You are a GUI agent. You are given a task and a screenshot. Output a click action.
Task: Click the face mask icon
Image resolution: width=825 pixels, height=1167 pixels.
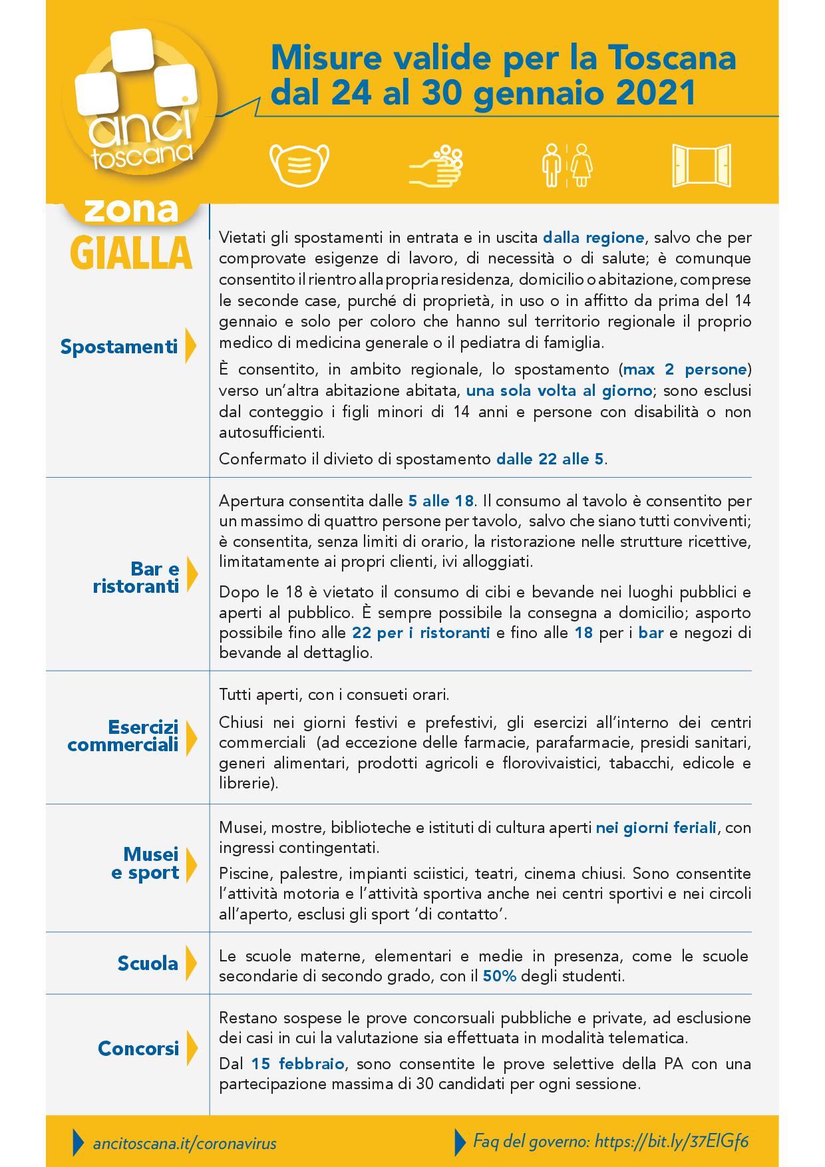tap(299, 164)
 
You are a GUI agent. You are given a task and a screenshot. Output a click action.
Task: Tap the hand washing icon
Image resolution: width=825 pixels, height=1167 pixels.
tap(436, 164)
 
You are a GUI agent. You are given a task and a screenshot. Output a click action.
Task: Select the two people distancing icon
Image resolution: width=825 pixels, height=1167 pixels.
tap(566, 164)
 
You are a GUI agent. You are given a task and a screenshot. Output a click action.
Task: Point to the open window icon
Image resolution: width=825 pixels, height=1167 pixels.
tap(702, 164)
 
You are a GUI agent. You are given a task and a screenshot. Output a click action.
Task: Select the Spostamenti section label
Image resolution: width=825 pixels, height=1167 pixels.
tap(119, 347)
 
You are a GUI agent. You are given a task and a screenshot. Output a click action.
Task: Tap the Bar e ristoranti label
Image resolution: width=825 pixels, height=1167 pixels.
tap(136, 578)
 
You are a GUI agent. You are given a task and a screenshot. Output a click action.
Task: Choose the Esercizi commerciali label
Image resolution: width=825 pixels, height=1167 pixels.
tap(123, 735)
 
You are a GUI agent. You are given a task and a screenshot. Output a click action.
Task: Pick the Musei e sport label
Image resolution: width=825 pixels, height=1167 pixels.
tap(145, 864)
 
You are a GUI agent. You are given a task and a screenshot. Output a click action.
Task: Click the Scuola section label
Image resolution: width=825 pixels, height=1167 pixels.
tap(148, 963)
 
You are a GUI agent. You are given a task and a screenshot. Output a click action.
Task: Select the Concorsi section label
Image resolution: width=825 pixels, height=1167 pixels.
tap(138, 1049)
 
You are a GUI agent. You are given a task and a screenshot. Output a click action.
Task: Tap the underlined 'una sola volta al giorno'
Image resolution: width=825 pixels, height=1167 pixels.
tap(558, 391)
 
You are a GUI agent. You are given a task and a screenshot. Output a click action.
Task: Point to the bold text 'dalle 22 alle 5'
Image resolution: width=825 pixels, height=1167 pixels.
tap(550, 459)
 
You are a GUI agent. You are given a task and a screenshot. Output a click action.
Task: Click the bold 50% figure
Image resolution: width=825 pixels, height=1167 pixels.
tap(500, 977)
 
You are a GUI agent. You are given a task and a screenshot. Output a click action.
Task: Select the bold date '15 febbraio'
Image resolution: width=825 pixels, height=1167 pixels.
tap(297, 1064)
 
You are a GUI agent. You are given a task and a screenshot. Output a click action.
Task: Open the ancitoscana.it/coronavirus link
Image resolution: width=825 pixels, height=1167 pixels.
tap(184, 1143)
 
